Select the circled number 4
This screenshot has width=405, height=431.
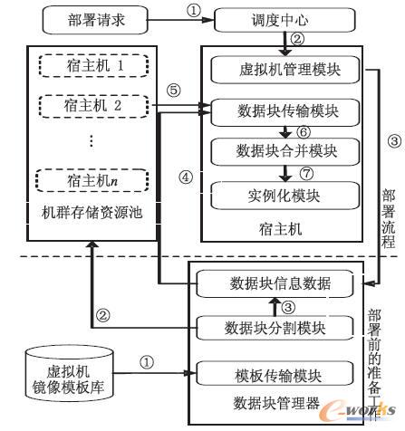click(185, 176)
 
